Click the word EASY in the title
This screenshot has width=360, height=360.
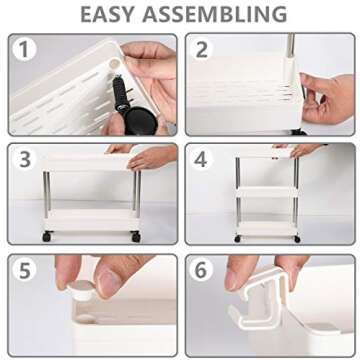point(108,14)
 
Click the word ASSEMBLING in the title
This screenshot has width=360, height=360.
point(215,14)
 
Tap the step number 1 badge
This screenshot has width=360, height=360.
point(24,49)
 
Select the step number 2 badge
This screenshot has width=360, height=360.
point(202,49)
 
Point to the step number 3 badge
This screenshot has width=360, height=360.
point(24,160)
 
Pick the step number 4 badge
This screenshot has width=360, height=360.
point(202,160)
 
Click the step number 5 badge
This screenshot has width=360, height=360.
point(24,271)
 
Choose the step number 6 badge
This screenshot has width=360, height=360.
point(202,271)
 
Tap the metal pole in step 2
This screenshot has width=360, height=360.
point(291,46)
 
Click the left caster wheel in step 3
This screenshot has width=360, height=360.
point(47,236)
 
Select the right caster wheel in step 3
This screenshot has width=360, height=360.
point(136,236)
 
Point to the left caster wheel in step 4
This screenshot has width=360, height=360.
point(237,239)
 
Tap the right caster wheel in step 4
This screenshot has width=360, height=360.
point(297,239)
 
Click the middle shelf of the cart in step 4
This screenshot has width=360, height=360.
point(267,192)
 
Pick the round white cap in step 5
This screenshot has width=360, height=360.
point(81,289)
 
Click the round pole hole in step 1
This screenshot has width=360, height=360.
point(115,63)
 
